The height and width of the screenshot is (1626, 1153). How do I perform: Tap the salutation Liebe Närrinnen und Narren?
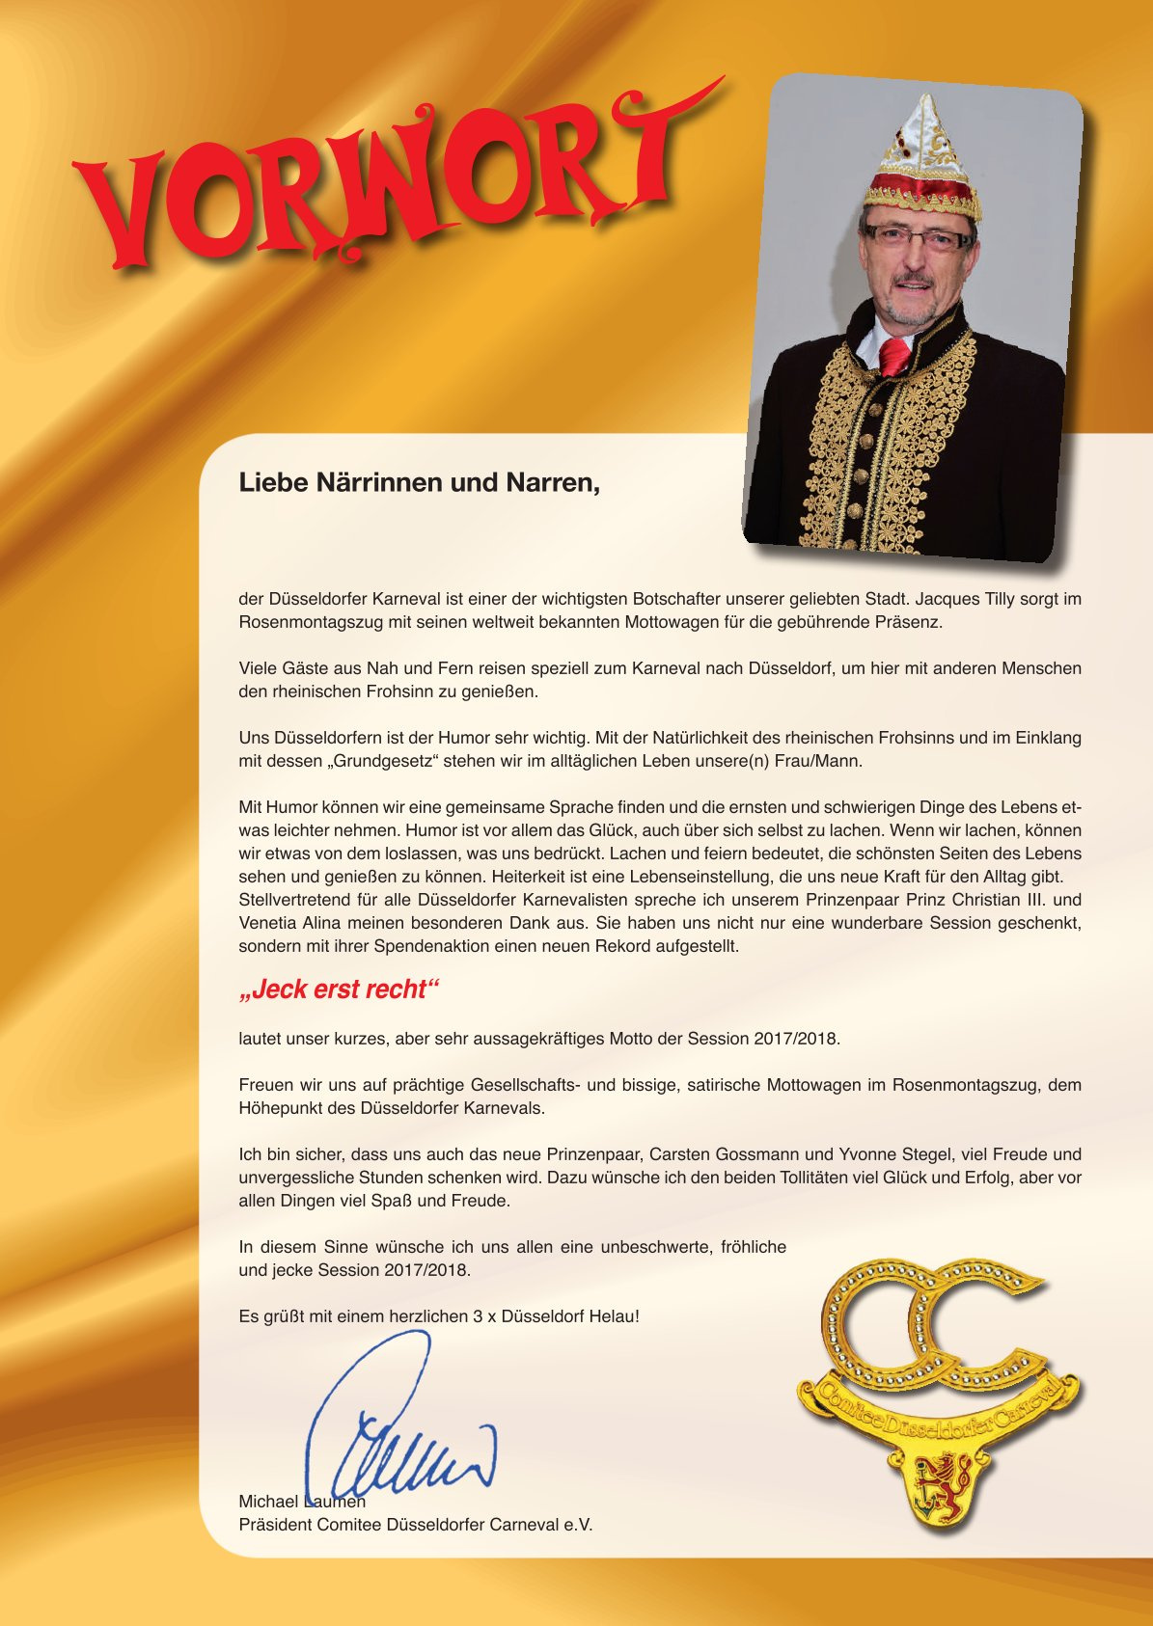[x=420, y=482]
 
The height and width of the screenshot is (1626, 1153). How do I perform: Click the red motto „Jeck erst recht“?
[x=339, y=989]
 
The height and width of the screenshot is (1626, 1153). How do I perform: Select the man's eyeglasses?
[x=917, y=237]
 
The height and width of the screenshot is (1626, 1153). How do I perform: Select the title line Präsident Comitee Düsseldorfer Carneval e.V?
[x=416, y=1525]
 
